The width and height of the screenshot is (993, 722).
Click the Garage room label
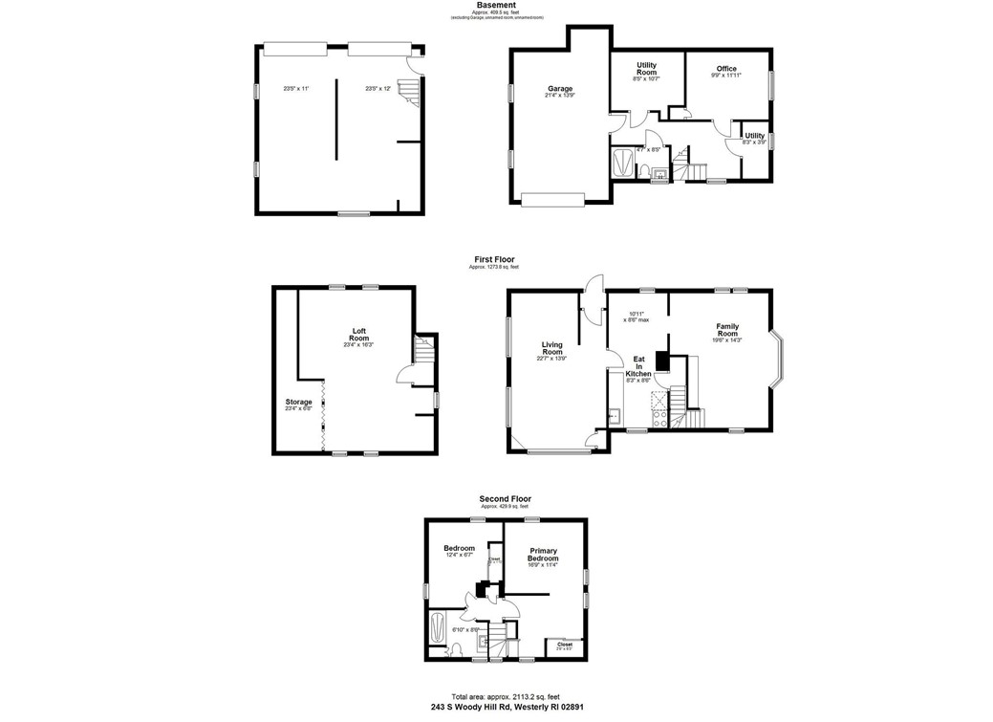coord(559,89)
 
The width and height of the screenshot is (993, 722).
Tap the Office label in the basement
coord(726,69)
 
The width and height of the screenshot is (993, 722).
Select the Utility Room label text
coord(647,70)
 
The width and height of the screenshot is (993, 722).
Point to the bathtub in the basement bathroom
coord(621,163)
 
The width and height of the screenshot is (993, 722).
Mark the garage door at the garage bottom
coord(551,198)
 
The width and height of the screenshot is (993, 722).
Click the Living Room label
coord(551,348)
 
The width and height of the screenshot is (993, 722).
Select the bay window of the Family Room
coord(779,361)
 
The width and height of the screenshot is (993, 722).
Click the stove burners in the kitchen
coord(657,414)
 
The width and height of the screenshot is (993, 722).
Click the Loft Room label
coord(358,335)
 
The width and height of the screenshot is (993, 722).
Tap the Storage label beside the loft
coord(298,402)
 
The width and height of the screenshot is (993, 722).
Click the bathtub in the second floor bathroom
coord(439,628)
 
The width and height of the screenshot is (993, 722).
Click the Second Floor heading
coord(505,498)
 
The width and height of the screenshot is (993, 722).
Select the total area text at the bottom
coord(505,696)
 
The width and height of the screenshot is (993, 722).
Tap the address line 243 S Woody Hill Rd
coord(505,708)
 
